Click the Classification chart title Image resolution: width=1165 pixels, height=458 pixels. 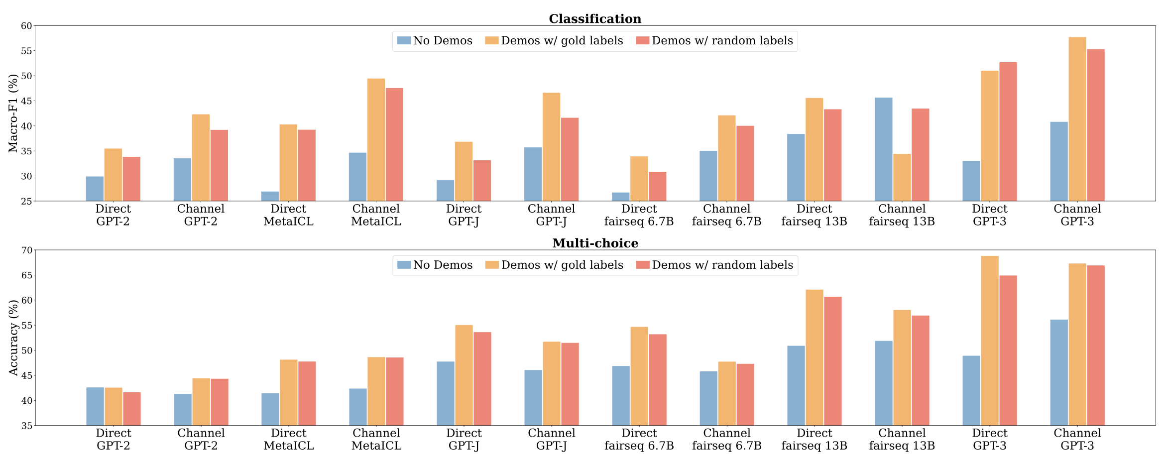595,19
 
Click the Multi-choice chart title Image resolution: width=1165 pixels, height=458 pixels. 595,243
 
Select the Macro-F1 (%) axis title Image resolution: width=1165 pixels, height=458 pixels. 13,114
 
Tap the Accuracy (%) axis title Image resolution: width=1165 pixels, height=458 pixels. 13,338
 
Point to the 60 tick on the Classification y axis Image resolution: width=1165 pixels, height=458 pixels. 26,26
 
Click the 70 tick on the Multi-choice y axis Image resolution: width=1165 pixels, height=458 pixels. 26,250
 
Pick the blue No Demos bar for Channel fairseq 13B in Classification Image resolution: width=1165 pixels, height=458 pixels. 883,149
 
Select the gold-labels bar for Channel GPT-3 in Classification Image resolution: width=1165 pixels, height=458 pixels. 1077,119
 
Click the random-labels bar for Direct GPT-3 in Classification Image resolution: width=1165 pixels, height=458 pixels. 1008,132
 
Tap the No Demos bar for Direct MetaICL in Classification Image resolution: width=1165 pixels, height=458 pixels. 270,197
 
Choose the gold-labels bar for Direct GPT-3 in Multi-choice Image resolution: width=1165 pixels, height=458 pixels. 990,341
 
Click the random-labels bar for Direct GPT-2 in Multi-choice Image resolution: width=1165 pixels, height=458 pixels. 132,409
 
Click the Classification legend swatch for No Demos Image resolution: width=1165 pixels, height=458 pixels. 404,41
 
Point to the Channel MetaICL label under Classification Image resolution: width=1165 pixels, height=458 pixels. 376,215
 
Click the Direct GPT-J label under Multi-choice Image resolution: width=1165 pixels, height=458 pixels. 464,439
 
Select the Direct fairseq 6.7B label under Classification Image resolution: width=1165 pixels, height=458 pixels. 639,215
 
